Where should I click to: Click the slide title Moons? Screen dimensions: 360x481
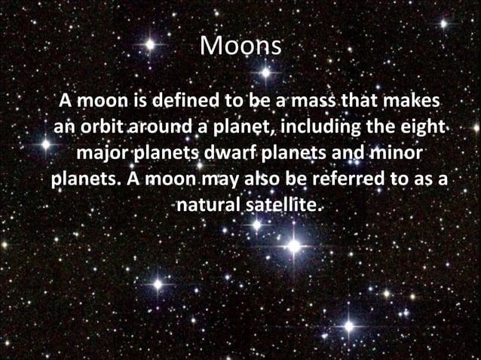(x=240, y=47)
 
